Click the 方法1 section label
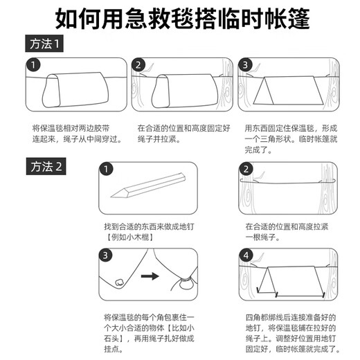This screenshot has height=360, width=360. tap(46, 45)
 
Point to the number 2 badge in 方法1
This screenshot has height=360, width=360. tap(138, 66)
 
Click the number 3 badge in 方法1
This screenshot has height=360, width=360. tap(245, 66)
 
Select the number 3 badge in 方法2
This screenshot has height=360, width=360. tap(106, 255)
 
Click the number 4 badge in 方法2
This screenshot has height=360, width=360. tap(245, 255)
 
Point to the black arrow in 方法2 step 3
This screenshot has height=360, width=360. tap(152, 277)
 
